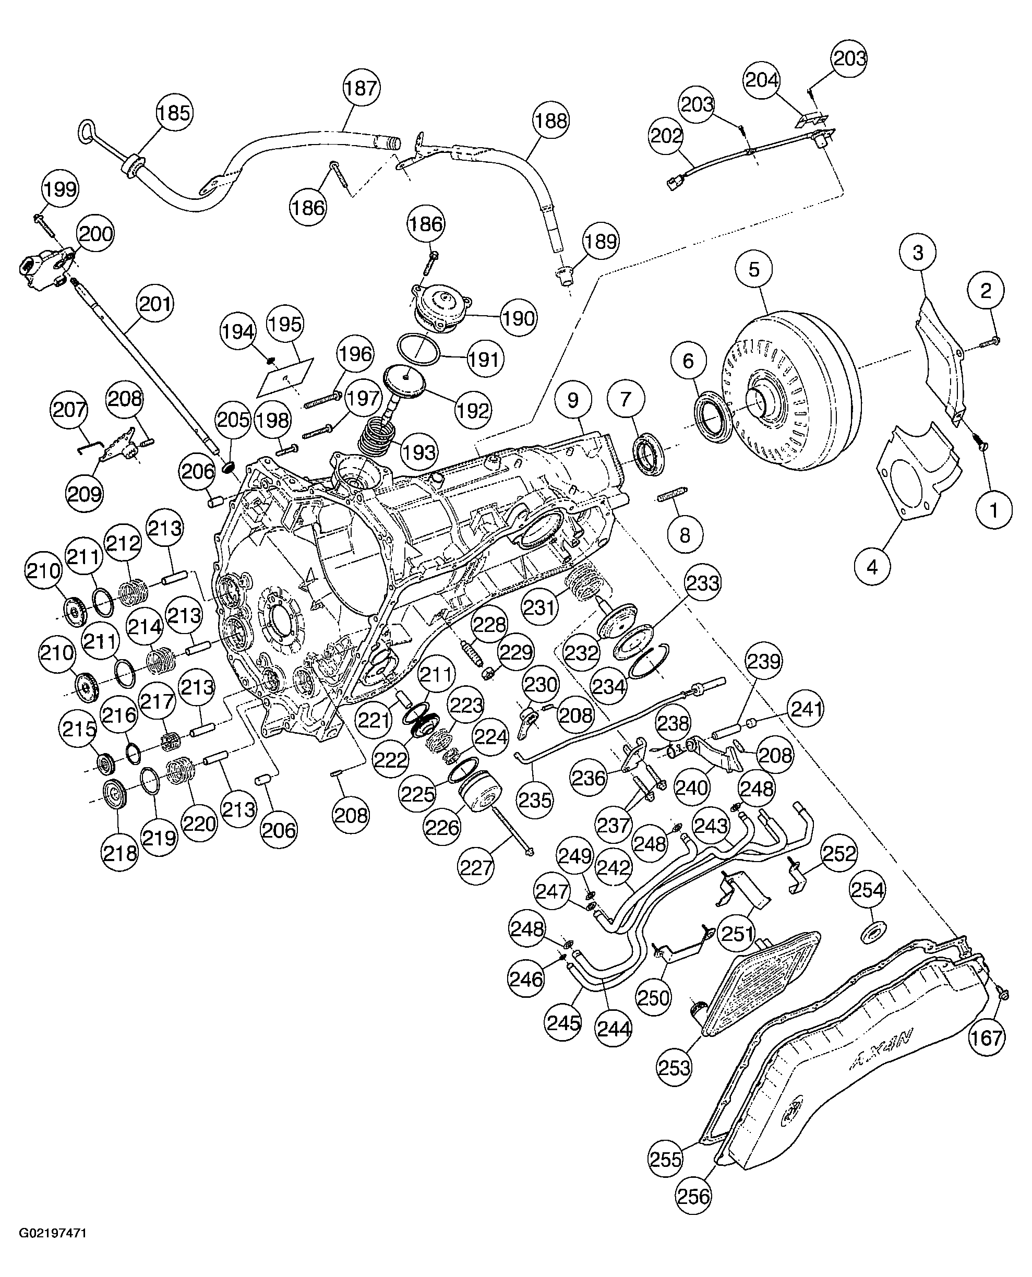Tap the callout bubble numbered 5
point(754,269)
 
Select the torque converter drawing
point(790,392)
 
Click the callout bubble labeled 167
point(987,1037)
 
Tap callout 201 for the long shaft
point(154,304)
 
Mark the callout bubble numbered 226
point(443,827)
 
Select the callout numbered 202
point(666,136)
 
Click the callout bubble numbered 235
point(535,800)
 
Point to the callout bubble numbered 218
point(120,853)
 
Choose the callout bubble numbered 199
point(60,189)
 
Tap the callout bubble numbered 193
point(419,452)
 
